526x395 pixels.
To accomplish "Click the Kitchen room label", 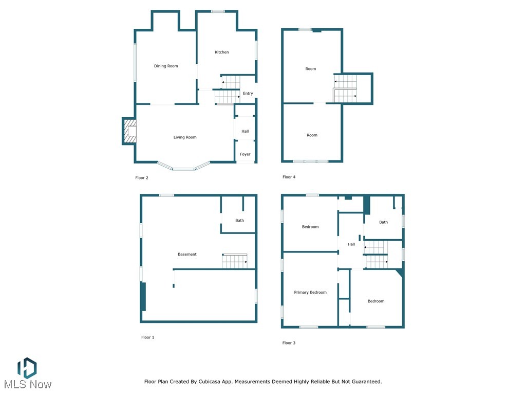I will point(222,52).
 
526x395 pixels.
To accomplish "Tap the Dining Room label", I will point(166,66).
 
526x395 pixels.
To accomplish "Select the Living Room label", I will point(185,137).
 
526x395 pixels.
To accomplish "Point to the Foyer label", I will point(245,154).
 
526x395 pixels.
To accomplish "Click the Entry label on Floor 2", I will point(248,94).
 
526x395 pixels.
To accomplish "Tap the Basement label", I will point(187,255).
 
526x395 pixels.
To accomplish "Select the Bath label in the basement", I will point(240,221).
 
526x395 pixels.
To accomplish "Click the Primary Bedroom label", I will point(310,293).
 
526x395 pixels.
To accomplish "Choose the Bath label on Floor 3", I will point(384,222).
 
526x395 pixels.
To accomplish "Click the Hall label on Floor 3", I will point(351,244).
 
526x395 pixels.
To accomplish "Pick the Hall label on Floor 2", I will point(245,132).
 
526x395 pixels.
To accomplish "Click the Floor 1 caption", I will point(148,337).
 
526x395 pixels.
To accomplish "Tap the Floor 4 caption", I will point(289,177).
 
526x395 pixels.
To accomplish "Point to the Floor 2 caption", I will point(142,178).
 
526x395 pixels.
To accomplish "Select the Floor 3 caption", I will point(289,343).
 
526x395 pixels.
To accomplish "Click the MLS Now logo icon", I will point(27,368).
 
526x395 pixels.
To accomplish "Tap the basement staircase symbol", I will point(235,261).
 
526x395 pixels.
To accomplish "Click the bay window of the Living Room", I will point(183,168).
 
